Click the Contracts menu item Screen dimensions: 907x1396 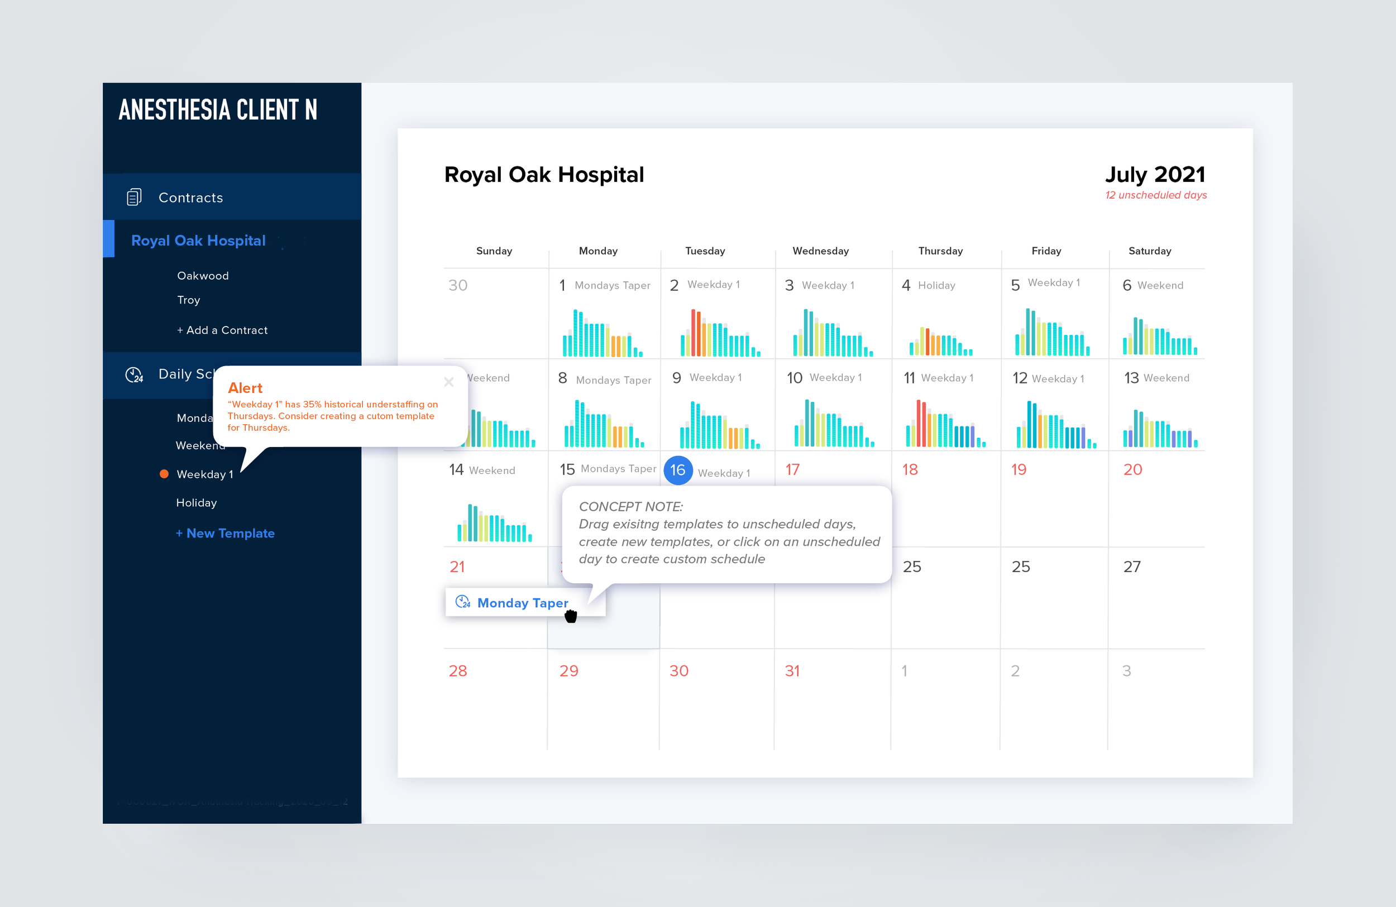coord(190,198)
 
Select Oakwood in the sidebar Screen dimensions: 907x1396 coord(203,276)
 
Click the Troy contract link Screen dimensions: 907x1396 coord(188,300)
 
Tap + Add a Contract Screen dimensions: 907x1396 coord(222,330)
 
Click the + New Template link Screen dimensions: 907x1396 coord(225,533)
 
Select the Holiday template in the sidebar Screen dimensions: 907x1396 coord(197,502)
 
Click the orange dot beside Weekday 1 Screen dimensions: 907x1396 coord(164,474)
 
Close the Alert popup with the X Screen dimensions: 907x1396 coord(449,382)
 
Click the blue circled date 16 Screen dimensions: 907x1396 coord(677,469)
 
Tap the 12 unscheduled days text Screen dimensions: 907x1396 coord(1155,195)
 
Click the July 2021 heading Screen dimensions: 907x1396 coord(1154,174)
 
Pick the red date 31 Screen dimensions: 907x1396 coord(792,671)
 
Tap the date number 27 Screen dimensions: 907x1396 coord(1131,567)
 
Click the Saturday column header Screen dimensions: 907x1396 coord(1149,251)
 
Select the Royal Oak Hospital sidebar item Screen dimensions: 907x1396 coord(198,241)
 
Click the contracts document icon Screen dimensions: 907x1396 coord(133,197)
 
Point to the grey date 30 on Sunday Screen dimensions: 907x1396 coord(457,286)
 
